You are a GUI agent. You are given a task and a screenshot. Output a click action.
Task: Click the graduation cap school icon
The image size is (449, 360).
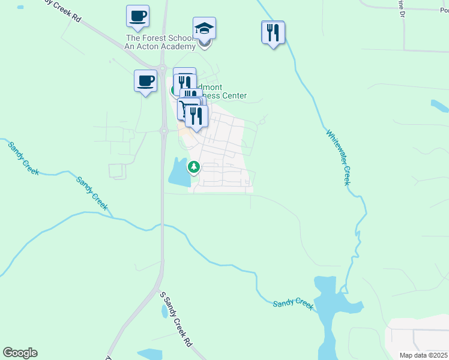[x=204, y=28]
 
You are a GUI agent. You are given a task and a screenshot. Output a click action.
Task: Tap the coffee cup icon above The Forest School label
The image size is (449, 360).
[x=137, y=16]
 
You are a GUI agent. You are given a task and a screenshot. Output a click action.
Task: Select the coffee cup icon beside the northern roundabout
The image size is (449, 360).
[x=145, y=81]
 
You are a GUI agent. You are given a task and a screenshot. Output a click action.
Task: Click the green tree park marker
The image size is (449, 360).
[x=193, y=167]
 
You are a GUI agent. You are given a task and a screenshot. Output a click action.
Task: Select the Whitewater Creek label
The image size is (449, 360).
[x=337, y=157]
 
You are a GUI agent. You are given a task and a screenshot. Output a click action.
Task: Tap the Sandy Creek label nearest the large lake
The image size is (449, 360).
[x=293, y=305]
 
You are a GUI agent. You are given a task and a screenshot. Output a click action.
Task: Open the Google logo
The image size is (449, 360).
[x=20, y=353]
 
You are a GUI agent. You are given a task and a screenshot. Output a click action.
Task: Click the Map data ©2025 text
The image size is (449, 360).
[x=423, y=355]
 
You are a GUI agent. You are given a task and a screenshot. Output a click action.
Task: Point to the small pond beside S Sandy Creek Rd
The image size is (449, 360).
[x=164, y=311]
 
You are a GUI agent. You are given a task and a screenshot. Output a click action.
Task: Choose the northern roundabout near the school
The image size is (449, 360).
[x=161, y=67]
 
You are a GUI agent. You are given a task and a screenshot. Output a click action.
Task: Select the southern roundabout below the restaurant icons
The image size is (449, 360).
[x=163, y=130]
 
